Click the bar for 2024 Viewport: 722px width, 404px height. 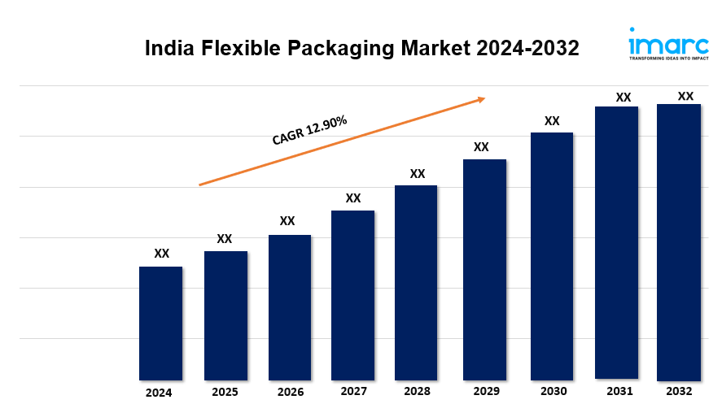tap(160, 323)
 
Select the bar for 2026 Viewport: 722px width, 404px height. tap(290, 307)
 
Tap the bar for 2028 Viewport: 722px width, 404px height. tap(416, 282)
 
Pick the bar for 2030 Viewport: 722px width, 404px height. tap(552, 255)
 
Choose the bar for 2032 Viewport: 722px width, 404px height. tap(679, 241)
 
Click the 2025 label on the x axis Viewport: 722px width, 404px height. tap(225, 392)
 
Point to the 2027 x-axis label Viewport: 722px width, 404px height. tap(353, 392)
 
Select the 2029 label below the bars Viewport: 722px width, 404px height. tap(485, 392)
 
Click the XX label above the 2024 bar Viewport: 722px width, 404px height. tap(162, 254)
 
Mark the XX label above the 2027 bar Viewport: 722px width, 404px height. tap(353, 198)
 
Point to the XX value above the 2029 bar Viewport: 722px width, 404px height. tap(481, 147)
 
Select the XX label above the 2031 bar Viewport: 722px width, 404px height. tap(624, 97)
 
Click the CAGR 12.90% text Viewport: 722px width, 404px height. tap(309, 130)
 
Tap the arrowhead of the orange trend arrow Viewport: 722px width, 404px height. tap(481, 99)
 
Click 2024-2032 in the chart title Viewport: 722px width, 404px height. tap(528, 49)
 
